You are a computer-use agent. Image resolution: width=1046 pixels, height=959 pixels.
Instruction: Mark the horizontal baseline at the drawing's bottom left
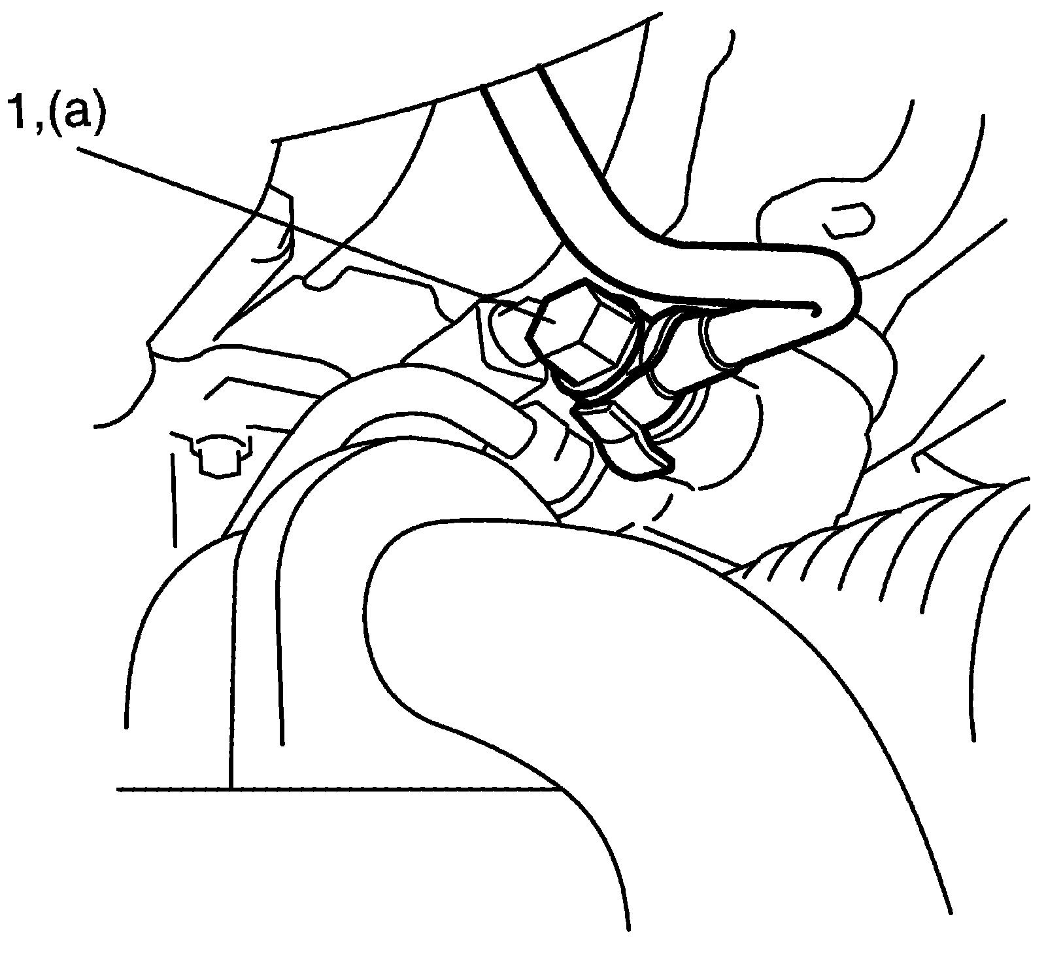pyautogui.click(x=327, y=789)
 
